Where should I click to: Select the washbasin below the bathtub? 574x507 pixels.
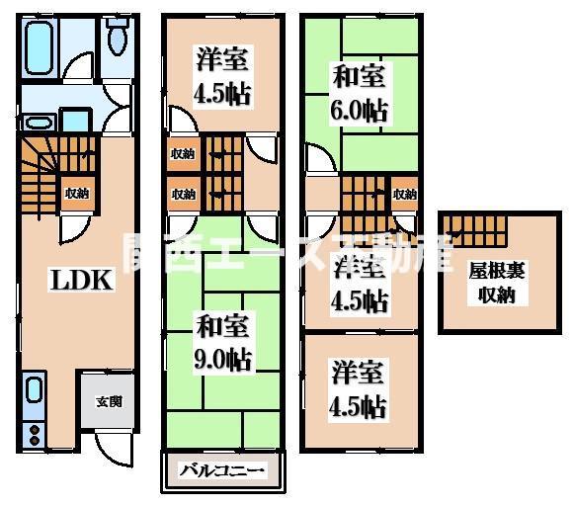40,122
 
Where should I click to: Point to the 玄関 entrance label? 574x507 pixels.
109,402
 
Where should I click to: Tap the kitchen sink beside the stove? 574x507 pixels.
34,389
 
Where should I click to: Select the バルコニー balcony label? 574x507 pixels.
222,470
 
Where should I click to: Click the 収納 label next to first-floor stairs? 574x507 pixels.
76,194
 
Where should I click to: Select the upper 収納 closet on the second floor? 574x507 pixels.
182,153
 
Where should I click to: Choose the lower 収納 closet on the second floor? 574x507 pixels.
182,195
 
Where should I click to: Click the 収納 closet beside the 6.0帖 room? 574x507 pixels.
403,194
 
